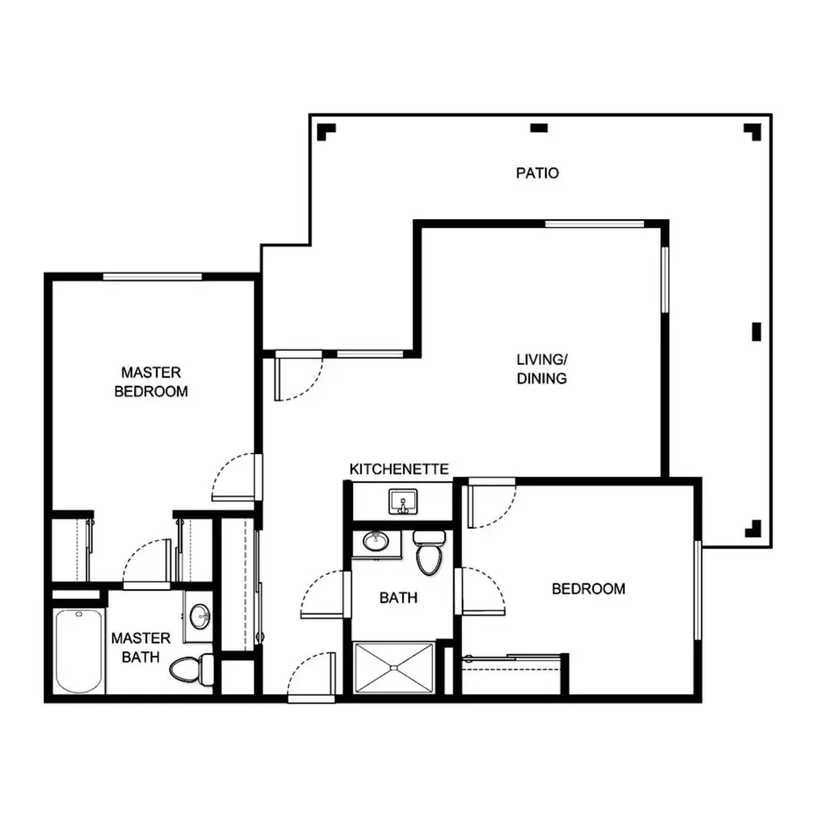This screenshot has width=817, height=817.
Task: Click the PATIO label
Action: pos(538,173)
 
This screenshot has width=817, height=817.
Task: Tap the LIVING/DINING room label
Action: pos(542,369)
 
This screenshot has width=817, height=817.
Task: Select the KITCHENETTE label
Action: pos(399,469)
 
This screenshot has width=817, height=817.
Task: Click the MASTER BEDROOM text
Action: pos(151,382)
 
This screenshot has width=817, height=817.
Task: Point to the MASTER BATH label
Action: pos(141,648)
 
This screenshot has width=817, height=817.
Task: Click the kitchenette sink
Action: pos(403,502)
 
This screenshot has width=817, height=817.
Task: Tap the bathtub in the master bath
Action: pos(78,651)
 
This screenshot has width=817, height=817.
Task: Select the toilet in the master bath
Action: pos(192,670)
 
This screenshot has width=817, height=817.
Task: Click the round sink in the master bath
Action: pos(199,616)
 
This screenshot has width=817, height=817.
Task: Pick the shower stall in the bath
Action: pos(394,668)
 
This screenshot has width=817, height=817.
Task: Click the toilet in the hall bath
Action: pos(430,552)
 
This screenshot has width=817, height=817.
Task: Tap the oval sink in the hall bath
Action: pos(376,542)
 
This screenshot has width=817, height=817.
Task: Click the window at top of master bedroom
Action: pos(152,277)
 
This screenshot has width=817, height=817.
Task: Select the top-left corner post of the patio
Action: pos(326,132)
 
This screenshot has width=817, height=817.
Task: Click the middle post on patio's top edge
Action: pos(538,127)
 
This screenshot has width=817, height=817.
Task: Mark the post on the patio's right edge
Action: pos(757,332)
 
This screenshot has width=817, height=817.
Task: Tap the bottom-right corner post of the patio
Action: pos(753,529)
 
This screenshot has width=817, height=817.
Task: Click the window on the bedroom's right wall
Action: pos(698,591)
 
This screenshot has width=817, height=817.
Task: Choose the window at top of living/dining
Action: pos(595,224)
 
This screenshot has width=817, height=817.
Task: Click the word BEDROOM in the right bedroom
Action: pos(588,589)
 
